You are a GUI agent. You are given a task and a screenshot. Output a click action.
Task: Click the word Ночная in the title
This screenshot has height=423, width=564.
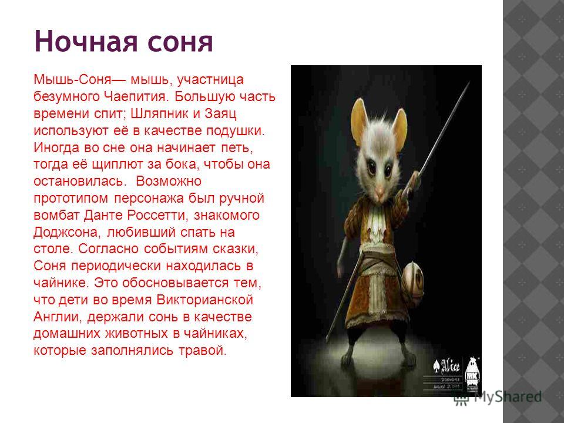point(86,41)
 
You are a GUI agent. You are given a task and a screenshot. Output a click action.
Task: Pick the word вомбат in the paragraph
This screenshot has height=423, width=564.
point(56,215)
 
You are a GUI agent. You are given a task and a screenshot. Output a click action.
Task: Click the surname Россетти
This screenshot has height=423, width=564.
point(157,215)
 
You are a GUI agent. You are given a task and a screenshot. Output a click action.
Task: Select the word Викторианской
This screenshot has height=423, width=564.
point(204,300)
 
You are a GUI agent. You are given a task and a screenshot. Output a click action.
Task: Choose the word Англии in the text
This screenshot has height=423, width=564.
point(58,317)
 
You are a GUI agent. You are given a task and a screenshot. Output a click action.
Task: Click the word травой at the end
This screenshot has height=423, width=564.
point(203,350)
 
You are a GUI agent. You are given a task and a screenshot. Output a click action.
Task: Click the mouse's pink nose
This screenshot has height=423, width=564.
point(379,189)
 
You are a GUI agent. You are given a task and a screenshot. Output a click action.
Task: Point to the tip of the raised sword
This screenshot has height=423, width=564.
point(469,83)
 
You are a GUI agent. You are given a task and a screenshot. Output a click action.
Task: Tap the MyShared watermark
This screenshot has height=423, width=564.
point(498,397)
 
